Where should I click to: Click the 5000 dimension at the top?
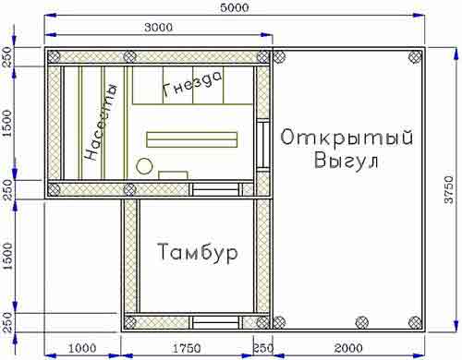click(x=235, y=7)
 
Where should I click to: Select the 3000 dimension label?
click(x=159, y=28)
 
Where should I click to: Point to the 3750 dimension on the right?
click(x=449, y=189)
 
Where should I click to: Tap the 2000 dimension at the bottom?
click(x=348, y=348)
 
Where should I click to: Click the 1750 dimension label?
click(x=187, y=348)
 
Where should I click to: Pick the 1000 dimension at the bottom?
click(x=82, y=348)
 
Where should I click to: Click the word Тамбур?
click(x=198, y=253)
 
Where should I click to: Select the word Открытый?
click(x=346, y=138)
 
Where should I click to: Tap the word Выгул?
click(x=346, y=160)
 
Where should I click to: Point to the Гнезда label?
click(x=191, y=84)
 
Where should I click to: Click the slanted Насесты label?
click(x=101, y=122)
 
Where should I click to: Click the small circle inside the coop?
click(x=144, y=166)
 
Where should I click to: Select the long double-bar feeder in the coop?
click(x=191, y=139)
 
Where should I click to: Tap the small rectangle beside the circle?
click(x=173, y=175)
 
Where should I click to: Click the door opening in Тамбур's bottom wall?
click(x=216, y=322)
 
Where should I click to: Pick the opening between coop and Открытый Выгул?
click(x=263, y=145)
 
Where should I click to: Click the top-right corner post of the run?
click(x=415, y=56)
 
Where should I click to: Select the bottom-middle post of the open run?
click(x=362, y=322)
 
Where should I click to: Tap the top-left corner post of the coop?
click(x=54, y=56)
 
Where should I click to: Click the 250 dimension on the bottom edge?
click(x=262, y=348)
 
